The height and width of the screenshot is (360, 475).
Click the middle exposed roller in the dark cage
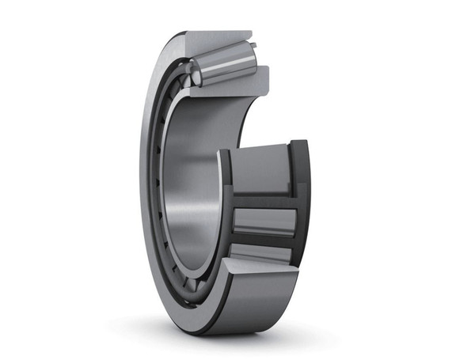pyautogui.click(x=264, y=221)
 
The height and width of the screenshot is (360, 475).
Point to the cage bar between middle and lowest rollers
pyautogui.click(x=264, y=240)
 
